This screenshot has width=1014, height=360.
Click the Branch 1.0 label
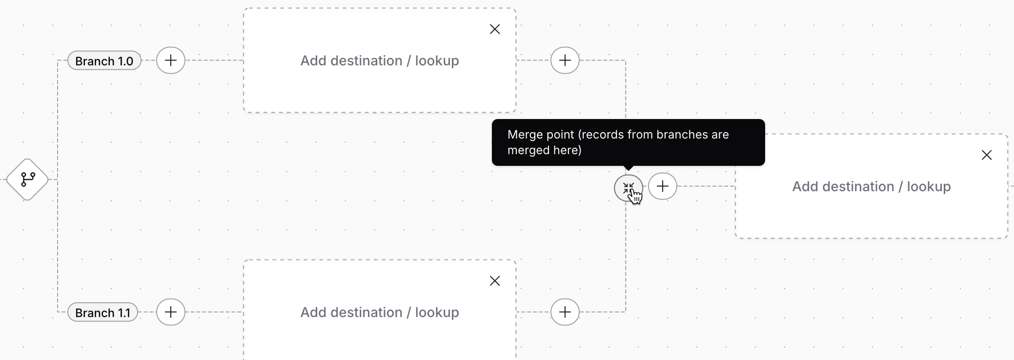pos(104,61)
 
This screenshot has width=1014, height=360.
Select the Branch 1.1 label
pos(102,313)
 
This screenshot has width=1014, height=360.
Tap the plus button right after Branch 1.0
pos(171,60)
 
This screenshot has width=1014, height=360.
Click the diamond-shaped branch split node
pos(27,180)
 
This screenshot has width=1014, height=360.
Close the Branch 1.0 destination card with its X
pos(495,29)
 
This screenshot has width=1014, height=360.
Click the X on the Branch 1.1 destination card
pos(495,281)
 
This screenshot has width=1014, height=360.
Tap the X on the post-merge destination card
pos(987,155)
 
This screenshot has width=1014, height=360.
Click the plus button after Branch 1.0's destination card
pos(565,60)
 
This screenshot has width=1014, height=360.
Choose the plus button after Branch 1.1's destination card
pos(565,312)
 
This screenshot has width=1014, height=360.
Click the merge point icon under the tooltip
pos(628,188)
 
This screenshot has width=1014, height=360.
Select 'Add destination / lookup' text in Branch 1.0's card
pos(380,60)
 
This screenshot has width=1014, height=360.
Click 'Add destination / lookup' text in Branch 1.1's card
pos(380,312)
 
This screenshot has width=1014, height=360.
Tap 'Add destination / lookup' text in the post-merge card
pos(872,186)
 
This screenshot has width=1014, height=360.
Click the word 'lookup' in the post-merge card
pos(929,186)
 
